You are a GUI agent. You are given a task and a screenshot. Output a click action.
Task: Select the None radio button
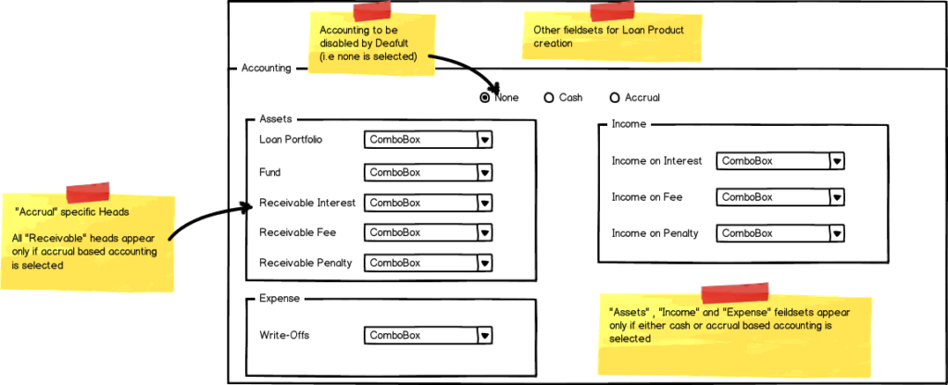tap(484, 97)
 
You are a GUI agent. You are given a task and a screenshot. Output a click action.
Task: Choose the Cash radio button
tap(549, 97)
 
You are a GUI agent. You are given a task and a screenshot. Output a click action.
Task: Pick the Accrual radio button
tap(615, 97)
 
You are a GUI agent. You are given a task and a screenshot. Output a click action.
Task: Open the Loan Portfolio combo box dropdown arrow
tap(484, 140)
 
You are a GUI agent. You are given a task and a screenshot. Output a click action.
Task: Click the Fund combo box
tap(428, 172)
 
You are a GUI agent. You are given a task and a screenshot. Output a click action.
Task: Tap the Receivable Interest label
tap(307, 203)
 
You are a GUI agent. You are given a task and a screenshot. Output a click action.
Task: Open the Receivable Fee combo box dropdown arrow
tap(484, 232)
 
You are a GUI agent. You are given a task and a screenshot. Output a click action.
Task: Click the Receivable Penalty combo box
tap(428, 263)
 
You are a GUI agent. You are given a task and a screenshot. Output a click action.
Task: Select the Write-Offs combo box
tap(428, 335)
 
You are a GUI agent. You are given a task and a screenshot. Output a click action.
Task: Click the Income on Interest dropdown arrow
tap(836, 161)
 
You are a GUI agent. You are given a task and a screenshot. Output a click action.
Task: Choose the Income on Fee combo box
tap(780, 197)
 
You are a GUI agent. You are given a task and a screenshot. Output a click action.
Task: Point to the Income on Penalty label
tap(655, 233)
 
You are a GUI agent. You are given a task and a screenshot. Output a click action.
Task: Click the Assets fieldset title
tap(275, 119)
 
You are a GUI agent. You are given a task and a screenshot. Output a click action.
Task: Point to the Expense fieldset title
tap(280, 298)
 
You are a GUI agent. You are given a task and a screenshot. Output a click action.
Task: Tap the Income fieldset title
tap(629, 124)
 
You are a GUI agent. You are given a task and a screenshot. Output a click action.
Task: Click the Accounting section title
tap(266, 68)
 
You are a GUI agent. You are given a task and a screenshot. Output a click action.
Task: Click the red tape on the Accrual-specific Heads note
tap(88, 192)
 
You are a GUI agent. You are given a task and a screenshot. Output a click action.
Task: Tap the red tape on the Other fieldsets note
tap(613, 12)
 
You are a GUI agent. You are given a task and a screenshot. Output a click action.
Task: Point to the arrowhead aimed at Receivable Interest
tap(246, 207)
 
